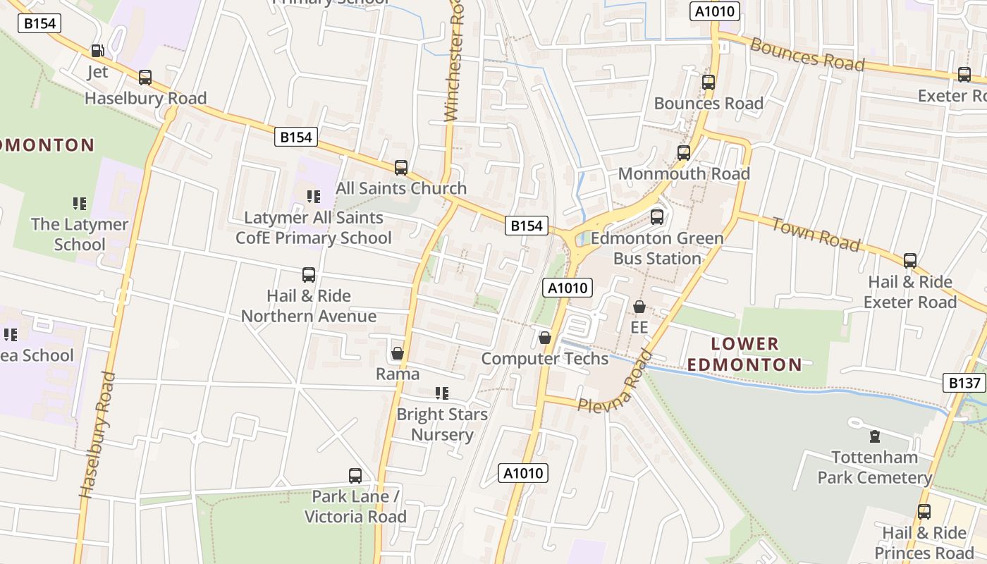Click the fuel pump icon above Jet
97,51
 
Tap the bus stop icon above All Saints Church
401,168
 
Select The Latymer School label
80,235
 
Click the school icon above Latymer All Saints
314,197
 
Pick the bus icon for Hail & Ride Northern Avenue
309,275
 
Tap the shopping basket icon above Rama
398,353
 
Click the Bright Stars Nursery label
442,424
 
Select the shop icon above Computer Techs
545,338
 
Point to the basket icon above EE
639,307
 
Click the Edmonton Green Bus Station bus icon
657,217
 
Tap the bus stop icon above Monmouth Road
683,153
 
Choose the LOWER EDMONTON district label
745,354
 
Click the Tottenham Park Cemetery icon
875,436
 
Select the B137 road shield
964,383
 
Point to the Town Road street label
816,234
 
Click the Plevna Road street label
613,383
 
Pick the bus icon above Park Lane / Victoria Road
355,476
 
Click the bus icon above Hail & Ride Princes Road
924,512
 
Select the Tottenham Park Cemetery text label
875,467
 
